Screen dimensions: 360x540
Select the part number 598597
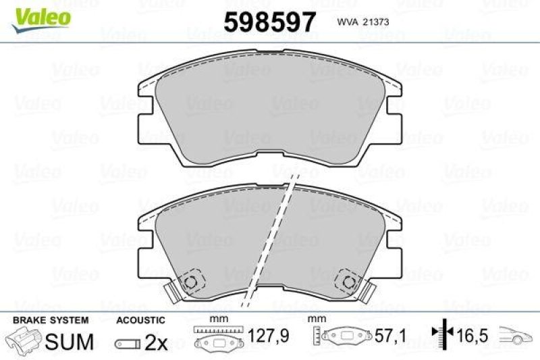coord(269,22)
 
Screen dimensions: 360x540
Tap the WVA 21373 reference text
coord(361,22)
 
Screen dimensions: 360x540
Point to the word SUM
coord(70,342)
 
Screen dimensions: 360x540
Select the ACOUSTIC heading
coord(140,319)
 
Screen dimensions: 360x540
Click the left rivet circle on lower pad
coord(191,281)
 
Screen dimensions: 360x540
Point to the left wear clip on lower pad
coord(172,291)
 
